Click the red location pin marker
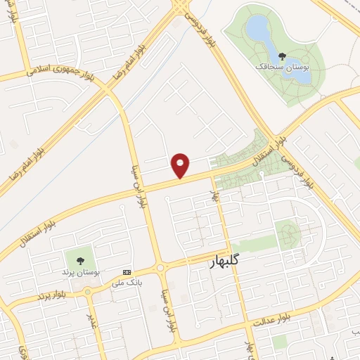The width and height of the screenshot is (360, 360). click(181, 165)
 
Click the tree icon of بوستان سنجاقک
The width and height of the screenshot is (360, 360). click(282, 56)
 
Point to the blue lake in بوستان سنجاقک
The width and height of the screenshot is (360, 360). click(257, 30)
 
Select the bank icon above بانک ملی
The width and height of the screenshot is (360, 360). click(127, 272)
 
